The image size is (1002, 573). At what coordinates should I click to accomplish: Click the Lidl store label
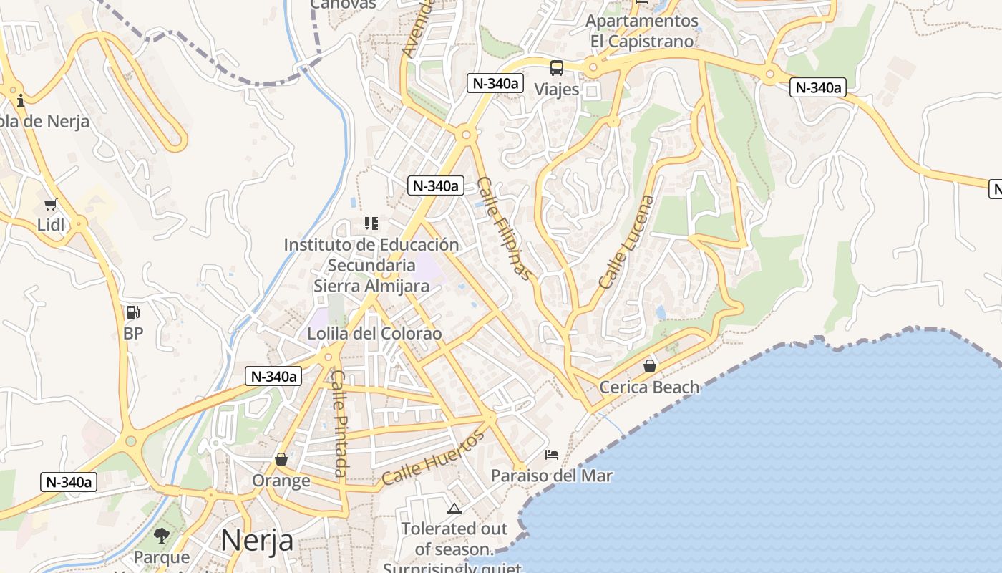coord(51,225)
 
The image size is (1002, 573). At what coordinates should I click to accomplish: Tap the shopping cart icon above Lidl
coord(50,205)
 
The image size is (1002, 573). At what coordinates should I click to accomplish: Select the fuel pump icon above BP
coord(132,312)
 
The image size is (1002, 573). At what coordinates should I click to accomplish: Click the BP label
coord(133,333)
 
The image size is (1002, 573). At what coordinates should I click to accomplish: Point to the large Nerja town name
coord(257,540)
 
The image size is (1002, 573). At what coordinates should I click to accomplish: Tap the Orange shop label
coord(281,480)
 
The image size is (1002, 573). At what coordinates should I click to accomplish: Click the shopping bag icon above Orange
coord(281,459)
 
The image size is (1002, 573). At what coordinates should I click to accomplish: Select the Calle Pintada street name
coord(340,423)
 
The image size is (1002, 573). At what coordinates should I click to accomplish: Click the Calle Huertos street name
coord(432,458)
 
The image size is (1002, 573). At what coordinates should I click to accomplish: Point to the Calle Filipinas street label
coord(505,228)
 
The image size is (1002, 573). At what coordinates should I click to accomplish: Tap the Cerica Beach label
coord(649,387)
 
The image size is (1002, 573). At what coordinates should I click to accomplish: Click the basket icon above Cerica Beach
coord(650,366)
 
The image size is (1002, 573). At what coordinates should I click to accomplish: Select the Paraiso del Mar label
coord(551,476)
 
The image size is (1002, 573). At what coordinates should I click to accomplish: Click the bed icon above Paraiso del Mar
coord(551,455)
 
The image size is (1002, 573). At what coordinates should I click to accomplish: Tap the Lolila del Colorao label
coord(374,334)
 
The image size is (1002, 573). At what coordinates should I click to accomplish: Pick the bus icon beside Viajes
coord(556,68)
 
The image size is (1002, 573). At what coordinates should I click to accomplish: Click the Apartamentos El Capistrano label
coord(642,31)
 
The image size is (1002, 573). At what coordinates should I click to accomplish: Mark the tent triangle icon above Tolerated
coord(454,509)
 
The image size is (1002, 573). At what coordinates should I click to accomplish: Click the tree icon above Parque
coord(162,536)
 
